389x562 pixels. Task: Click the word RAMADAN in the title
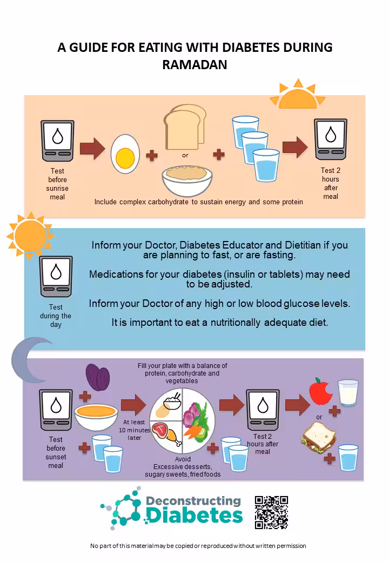coord(194,65)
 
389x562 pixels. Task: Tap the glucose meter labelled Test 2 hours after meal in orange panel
coord(331,139)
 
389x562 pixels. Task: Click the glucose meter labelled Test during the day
coord(56,277)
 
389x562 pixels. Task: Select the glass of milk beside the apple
coord(348,393)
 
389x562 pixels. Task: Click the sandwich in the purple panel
coord(319,437)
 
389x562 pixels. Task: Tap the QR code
coord(271,512)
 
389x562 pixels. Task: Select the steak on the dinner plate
coord(162,431)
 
